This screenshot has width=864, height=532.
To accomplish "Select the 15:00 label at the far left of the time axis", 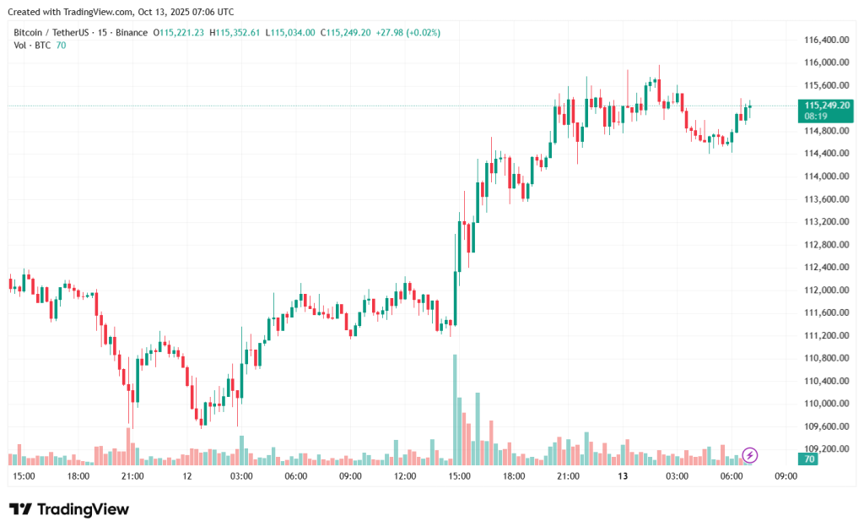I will pos(24,476).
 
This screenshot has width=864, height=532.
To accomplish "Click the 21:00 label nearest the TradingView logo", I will pos(132,476).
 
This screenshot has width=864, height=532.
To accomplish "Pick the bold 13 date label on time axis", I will pos(623,476).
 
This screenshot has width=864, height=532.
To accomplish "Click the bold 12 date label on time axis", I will pos(187,476).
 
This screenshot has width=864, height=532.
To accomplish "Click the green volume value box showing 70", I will pos(809,459).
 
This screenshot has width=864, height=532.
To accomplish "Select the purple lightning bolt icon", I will pos(750,456).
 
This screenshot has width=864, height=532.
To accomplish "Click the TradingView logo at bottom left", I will pos(69,509).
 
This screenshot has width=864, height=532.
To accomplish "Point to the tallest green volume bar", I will pos(455,410).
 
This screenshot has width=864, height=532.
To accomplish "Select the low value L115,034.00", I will pos(290,32).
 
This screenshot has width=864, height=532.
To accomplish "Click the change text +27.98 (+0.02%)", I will pos(410,32).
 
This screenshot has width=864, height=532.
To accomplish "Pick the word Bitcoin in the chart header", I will pos(30,32).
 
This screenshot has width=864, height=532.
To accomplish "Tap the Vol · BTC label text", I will pos(32,45).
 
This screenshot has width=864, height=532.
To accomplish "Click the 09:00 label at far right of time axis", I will pos(786,476).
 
